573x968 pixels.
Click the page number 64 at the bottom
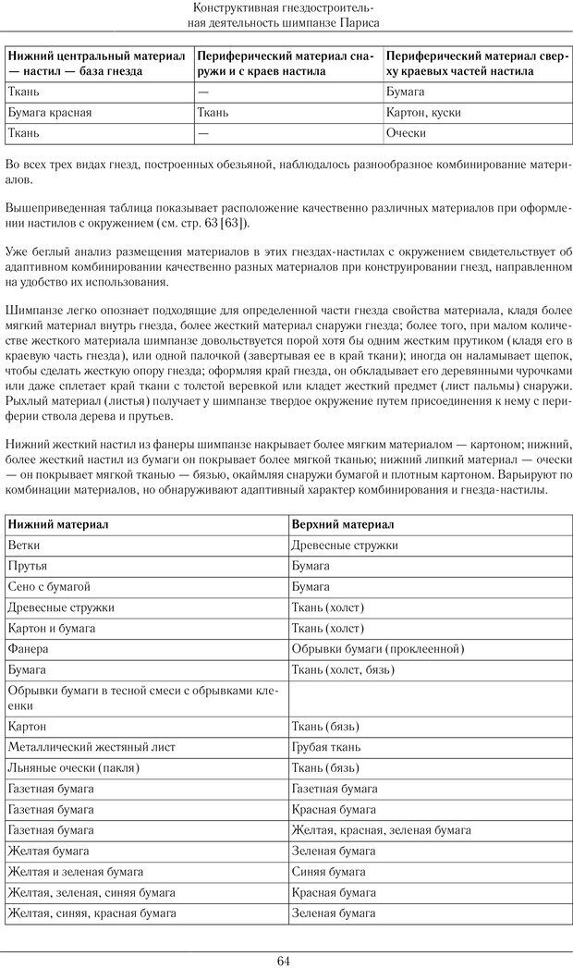pos(285,960)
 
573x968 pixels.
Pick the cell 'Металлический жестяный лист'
pos(91,746)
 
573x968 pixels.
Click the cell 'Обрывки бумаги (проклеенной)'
pos(376,649)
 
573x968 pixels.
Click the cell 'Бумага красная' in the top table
pos(49,113)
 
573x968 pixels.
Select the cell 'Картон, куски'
pos(418,113)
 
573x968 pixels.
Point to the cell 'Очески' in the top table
pos(406,133)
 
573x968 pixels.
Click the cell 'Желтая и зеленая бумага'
pos(75,871)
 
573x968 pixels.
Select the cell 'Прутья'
pos(29,566)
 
